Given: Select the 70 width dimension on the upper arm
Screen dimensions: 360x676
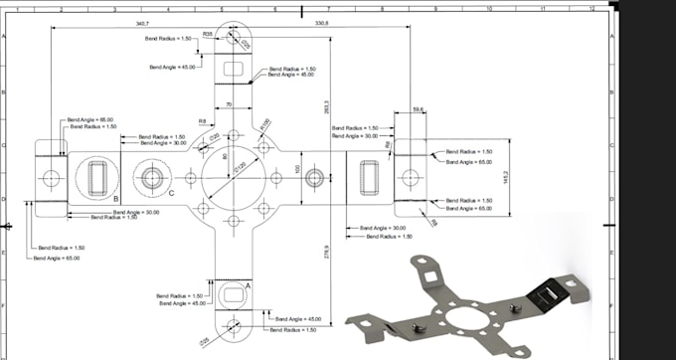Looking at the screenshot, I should [230, 102].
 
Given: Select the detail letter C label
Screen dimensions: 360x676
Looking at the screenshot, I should [170, 193].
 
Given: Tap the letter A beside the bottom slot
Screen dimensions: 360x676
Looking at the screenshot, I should [247, 283].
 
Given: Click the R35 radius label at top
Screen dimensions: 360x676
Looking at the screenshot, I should [207, 34].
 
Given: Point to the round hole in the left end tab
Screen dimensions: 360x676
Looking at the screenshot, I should [53, 178].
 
